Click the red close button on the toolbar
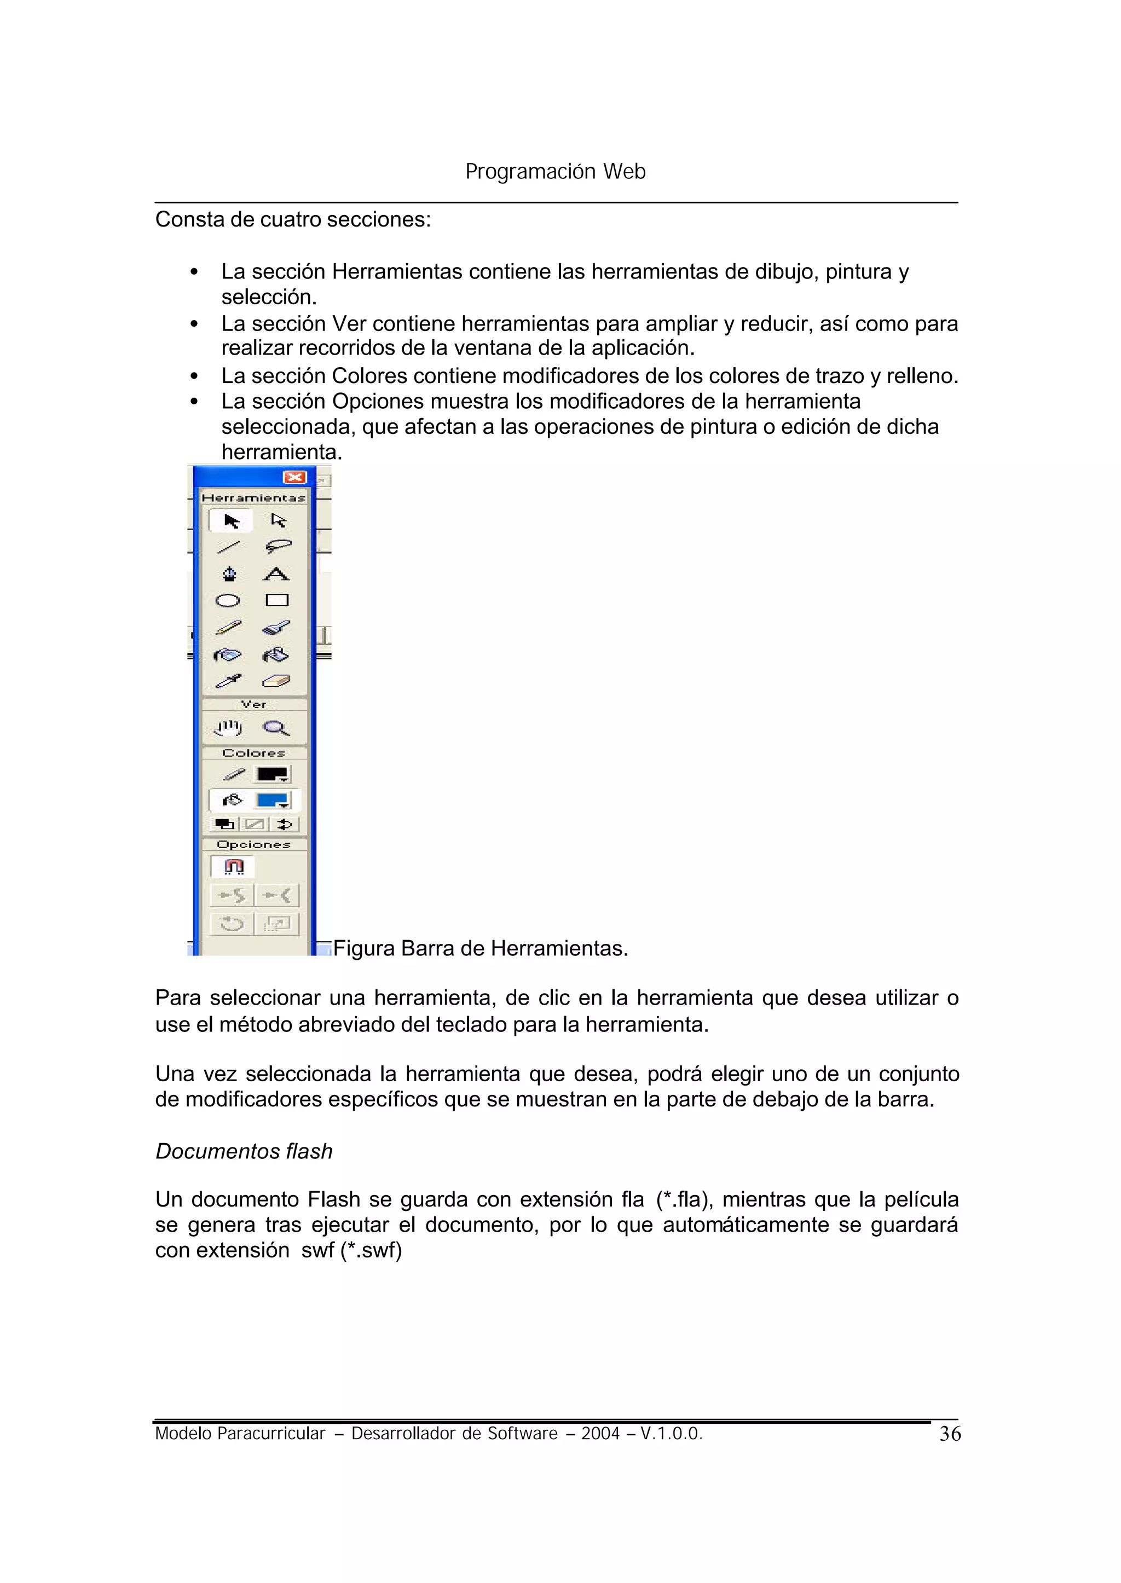pyautogui.click(x=294, y=478)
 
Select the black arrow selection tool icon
pyautogui.click(x=231, y=521)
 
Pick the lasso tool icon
pyautogui.click(x=278, y=547)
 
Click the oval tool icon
pyautogui.click(x=228, y=600)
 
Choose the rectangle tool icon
pyautogui.click(x=277, y=600)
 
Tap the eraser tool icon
pyautogui.click(x=276, y=682)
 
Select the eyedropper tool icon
pyautogui.click(x=228, y=682)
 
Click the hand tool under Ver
pyautogui.click(x=228, y=728)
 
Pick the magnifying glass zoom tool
pyautogui.click(x=276, y=728)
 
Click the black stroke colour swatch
pyautogui.click(x=272, y=774)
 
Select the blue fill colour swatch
pyautogui.click(x=272, y=801)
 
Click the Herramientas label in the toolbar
pyautogui.click(x=253, y=497)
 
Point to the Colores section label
pyautogui.click(x=253, y=753)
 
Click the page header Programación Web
pyautogui.click(x=555, y=171)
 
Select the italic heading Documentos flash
pyautogui.click(x=244, y=1151)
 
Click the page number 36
pyautogui.click(x=950, y=1434)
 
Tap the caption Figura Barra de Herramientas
pyautogui.click(x=481, y=948)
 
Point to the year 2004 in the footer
pyautogui.click(x=600, y=1434)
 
